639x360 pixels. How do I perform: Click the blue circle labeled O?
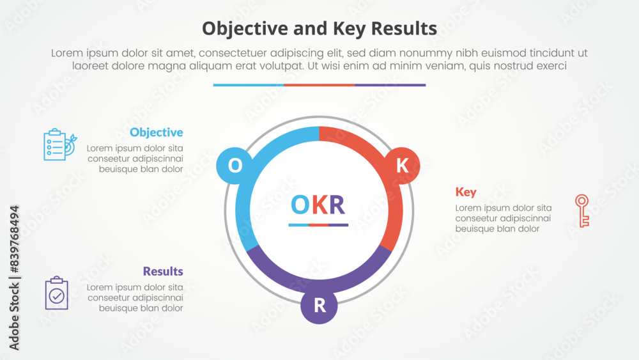235,166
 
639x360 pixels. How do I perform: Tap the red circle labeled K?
402,166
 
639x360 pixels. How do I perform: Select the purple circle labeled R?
319,306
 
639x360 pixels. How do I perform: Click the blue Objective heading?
156,132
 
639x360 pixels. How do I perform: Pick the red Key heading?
465,192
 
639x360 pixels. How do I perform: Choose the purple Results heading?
163,271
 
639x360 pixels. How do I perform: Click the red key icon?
581,210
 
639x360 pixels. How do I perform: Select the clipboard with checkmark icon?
57,293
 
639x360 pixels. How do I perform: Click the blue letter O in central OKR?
300,205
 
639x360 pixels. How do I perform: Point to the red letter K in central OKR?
319,205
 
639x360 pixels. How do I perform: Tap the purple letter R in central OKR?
337,205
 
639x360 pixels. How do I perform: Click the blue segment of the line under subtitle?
248,85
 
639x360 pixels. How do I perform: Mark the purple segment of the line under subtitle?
390,85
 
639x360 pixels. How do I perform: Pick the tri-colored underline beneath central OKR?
318,225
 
